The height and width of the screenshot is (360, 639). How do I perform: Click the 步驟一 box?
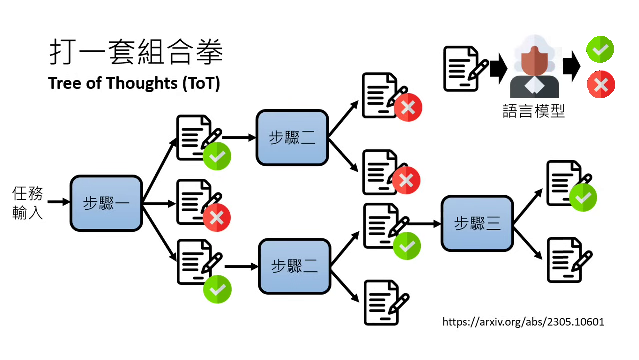point(106,203)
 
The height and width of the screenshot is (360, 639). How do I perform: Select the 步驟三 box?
point(477,223)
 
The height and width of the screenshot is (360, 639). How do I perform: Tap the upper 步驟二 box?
point(292,138)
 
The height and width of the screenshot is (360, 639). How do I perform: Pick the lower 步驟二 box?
point(294,266)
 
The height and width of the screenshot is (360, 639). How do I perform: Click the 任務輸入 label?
point(28,203)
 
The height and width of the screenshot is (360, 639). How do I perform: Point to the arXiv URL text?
point(523,322)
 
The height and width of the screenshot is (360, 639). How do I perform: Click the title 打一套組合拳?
point(136,52)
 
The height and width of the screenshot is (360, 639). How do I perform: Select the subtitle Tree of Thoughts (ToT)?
point(134,83)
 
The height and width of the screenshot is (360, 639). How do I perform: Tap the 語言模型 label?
point(533,111)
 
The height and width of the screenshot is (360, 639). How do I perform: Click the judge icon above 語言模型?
point(534,67)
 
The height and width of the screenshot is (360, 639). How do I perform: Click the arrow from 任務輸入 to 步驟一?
point(59,202)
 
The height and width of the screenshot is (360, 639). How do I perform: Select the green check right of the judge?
point(600,50)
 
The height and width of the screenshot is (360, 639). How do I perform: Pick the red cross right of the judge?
point(601,84)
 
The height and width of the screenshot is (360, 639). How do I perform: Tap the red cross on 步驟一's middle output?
point(216,217)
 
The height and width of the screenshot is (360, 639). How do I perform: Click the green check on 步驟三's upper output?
point(583,198)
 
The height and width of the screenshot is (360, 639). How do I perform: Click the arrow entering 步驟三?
point(424,223)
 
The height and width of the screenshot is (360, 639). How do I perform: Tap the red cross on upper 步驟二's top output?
point(408,107)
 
